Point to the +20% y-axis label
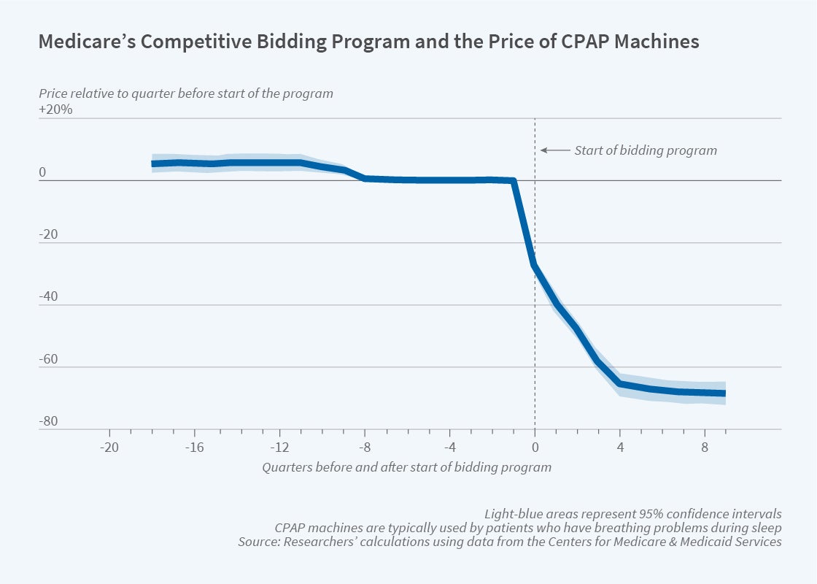point(56,110)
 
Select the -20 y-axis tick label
point(47,235)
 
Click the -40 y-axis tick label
point(47,297)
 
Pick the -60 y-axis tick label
point(47,360)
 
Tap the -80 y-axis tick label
point(47,422)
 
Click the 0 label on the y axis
point(42,173)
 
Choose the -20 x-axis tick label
point(109,447)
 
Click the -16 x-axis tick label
point(194,447)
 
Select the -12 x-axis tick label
point(279,447)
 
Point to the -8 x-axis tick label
point(365,447)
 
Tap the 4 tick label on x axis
point(620,447)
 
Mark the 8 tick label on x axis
point(705,447)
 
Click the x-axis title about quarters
point(406,466)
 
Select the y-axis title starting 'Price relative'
point(185,93)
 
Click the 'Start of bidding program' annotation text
point(646,150)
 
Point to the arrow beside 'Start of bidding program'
point(554,150)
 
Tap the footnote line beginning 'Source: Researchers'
point(509,542)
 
